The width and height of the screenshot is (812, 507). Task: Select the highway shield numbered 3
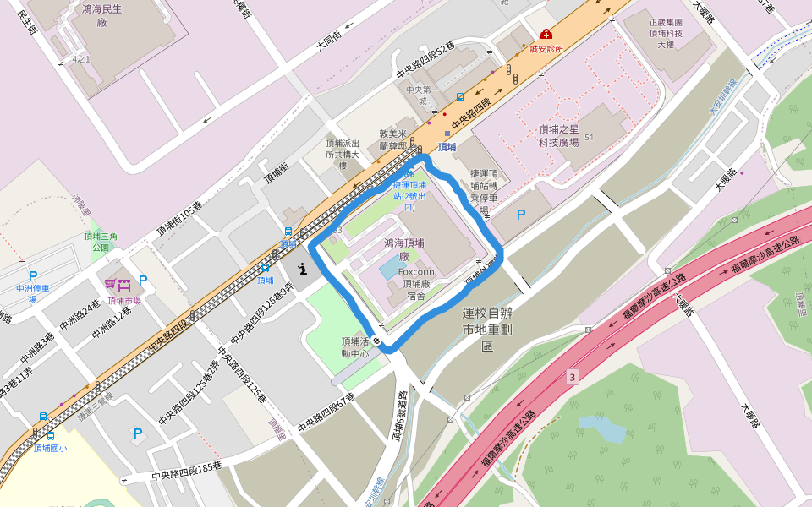tap(573, 376)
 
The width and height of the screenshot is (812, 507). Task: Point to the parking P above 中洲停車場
tap(33, 275)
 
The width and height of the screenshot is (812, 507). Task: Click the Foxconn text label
tap(415, 272)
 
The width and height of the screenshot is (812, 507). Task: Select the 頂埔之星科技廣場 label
tap(559, 135)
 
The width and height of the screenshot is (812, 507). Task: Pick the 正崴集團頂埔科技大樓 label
tap(666, 33)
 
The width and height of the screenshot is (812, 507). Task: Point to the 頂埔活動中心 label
tap(356, 347)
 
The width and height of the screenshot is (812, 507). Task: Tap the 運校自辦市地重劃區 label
tap(487, 329)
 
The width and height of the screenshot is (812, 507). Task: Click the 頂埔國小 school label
tap(49, 448)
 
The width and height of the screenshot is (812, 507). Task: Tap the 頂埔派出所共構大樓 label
tap(343, 154)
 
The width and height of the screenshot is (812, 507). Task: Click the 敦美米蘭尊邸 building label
tap(393, 139)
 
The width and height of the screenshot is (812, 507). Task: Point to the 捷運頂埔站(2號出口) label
tap(410, 195)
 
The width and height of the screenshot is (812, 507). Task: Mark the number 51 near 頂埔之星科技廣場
tap(589, 137)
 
